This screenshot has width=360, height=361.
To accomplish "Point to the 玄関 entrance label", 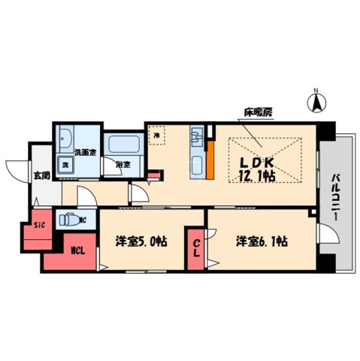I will coord(41,175).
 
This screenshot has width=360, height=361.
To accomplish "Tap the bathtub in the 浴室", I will coord(119,144).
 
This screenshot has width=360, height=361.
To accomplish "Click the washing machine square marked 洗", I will coord(65,165).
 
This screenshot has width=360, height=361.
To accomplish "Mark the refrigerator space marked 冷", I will coord(157,135).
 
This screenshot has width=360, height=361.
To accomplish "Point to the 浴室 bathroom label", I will coord(123,164).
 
